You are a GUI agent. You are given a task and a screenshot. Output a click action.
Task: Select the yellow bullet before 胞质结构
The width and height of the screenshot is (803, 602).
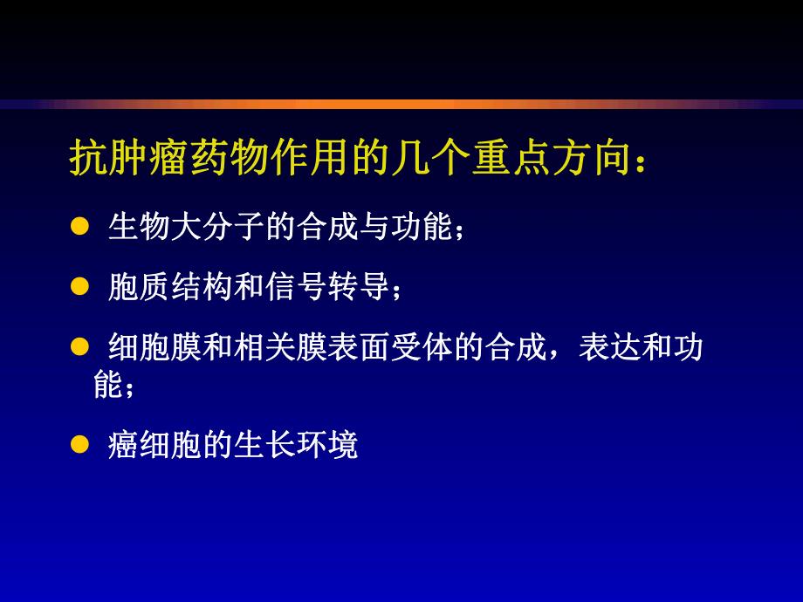click(x=79, y=286)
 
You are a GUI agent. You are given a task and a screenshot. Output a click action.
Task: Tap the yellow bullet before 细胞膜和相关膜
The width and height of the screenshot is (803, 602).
click(x=79, y=346)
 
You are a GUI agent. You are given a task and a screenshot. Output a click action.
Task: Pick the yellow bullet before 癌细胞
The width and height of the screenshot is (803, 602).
click(x=79, y=445)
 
